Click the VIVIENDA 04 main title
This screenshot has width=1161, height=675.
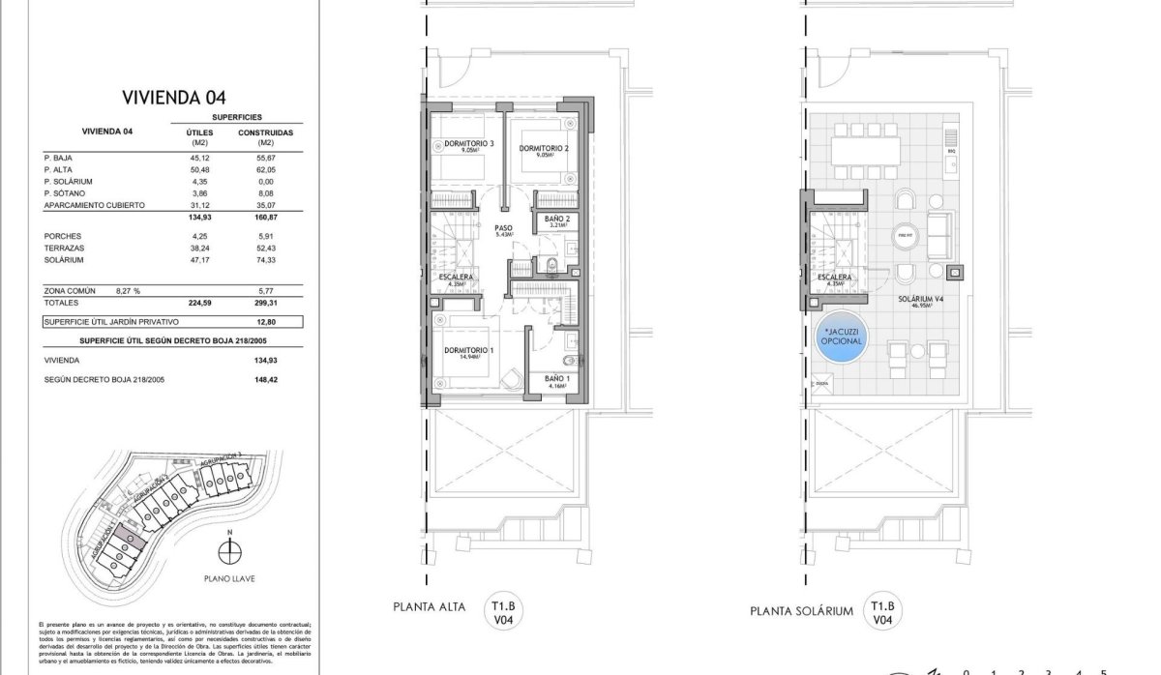[x=174, y=97]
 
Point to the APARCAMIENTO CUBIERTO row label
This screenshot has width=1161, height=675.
[x=94, y=205]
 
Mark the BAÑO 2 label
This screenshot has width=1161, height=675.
[x=555, y=221]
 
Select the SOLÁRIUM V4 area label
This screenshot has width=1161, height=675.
[x=914, y=300]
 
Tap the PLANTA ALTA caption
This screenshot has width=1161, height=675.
[x=429, y=609]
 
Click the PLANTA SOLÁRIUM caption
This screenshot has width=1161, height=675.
[x=801, y=611]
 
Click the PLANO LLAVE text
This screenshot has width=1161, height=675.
[x=229, y=581]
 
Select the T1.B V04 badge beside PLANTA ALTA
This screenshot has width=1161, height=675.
[x=502, y=609]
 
